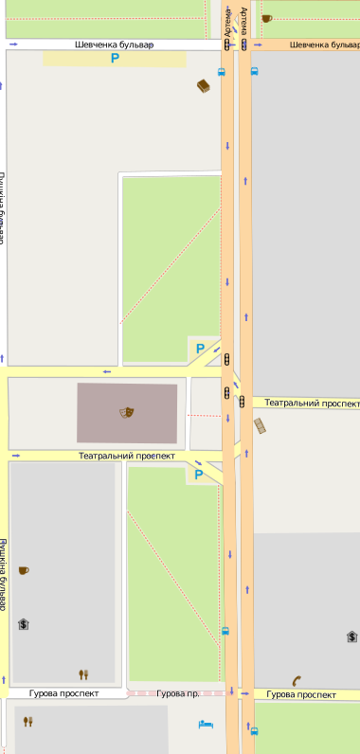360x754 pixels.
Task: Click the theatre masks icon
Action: [x=126, y=412]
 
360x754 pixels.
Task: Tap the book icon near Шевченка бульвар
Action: [x=203, y=87]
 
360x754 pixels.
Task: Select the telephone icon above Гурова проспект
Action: [x=297, y=679]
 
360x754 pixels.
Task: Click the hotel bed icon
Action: [x=206, y=725]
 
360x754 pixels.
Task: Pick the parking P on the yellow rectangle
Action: [x=116, y=59]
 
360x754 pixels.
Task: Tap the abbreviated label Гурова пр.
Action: [x=178, y=694]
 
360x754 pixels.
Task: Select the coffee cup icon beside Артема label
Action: [x=266, y=18]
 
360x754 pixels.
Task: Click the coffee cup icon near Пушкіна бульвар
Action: [x=24, y=570]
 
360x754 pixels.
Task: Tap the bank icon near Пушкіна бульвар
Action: [x=24, y=623]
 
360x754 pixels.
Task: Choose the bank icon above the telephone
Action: [x=351, y=637]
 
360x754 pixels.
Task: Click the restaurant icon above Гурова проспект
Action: [x=83, y=674]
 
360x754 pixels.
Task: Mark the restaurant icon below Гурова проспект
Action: [x=27, y=721]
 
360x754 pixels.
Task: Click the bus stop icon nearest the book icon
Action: [x=222, y=71]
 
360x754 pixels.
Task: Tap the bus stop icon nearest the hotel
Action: [x=254, y=730]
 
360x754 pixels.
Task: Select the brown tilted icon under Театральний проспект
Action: [x=260, y=426]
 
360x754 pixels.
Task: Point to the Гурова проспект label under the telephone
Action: [x=300, y=694]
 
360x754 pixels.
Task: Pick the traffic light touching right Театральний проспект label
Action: [x=243, y=401]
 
